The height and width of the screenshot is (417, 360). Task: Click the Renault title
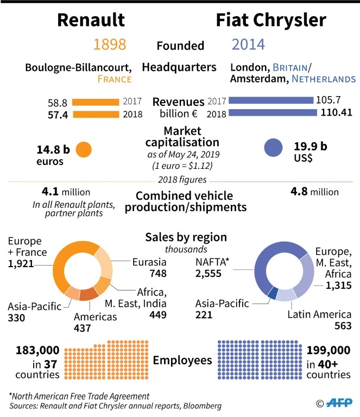coord(91,20)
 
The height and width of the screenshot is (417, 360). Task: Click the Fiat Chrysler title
coord(271,20)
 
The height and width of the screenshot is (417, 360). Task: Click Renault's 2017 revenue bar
coord(96,102)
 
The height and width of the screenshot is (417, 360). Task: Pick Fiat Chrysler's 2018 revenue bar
coord(273,113)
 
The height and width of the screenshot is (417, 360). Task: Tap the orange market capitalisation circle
coord(84,148)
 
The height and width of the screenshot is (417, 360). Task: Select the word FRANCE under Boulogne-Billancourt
coord(115,79)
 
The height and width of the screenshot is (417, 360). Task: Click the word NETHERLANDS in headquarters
coord(324,79)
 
